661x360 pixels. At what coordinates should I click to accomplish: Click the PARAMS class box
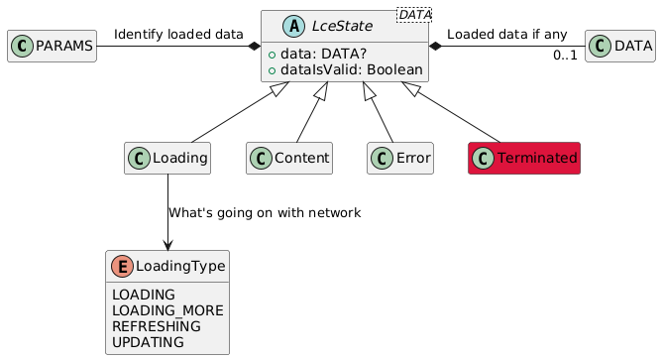coord(52,47)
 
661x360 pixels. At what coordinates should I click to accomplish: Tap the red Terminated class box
coord(523,158)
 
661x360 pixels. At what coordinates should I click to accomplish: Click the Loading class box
coord(168,158)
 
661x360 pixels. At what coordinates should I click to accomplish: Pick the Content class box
coord(289,158)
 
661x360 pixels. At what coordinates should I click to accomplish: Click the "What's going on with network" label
coord(265,213)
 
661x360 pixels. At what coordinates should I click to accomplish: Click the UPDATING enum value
coord(149,342)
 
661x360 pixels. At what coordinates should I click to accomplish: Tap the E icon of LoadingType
coord(124,266)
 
